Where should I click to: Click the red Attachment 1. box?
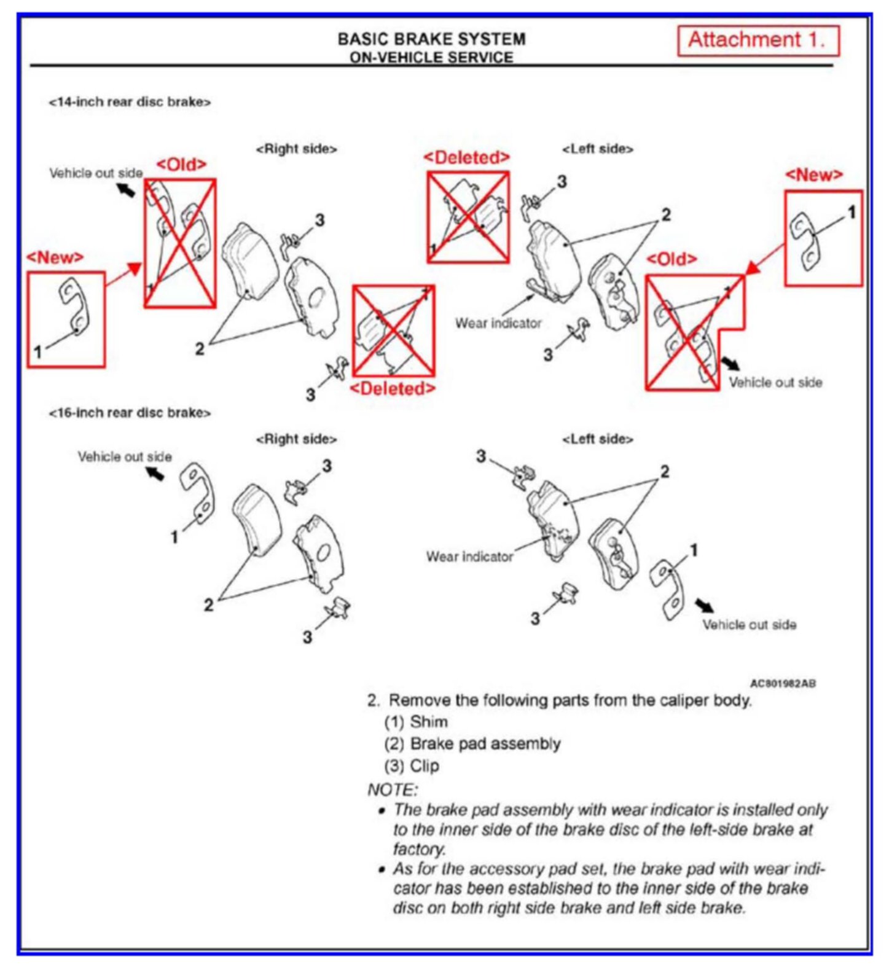pyautogui.click(x=758, y=41)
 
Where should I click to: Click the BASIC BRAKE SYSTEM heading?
pyautogui.click(x=431, y=39)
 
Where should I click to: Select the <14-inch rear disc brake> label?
pyautogui.click(x=130, y=102)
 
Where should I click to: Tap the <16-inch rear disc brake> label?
pyautogui.click(x=130, y=413)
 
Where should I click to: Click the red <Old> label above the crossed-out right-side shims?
pyautogui.click(x=181, y=165)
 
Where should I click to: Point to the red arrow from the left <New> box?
pyautogui.click(x=123, y=276)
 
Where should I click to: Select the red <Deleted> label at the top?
pyautogui.click(x=467, y=158)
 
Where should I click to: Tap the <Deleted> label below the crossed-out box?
pyautogui.click(x=393, y=388)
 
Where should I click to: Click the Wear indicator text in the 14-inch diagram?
pyautogui.click(x=498, y=323)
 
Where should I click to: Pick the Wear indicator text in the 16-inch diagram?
pyautogui.click(x=469, y=557)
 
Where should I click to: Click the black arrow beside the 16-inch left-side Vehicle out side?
pyautogui.click(x=705, y=606)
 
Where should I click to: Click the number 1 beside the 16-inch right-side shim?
pyautogui.click(x=174, y=537)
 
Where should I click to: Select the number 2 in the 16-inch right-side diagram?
pyautogui.click(x=209, y=604)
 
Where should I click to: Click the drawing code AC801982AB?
pyautogui.click(x=783, y=684)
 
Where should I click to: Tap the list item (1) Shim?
pyautogui.click(x=416, y=722)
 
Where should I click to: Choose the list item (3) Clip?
pyautogui.click(x=412, y=766)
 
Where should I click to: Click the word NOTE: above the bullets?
pyautogui.click(x=392, y=789)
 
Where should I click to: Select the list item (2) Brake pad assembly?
pyautogui.click(x=472, y=744)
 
